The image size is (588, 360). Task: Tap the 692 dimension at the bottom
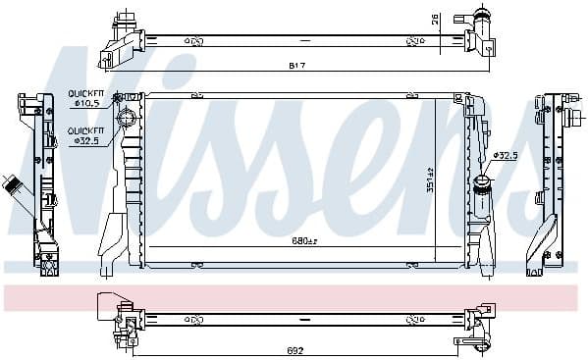tap(294, 350)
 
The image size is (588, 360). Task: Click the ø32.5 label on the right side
tap(507, 155)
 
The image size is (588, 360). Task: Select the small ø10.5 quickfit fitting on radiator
tap(119, 97)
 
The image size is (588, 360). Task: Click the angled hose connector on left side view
tap(17, 186)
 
